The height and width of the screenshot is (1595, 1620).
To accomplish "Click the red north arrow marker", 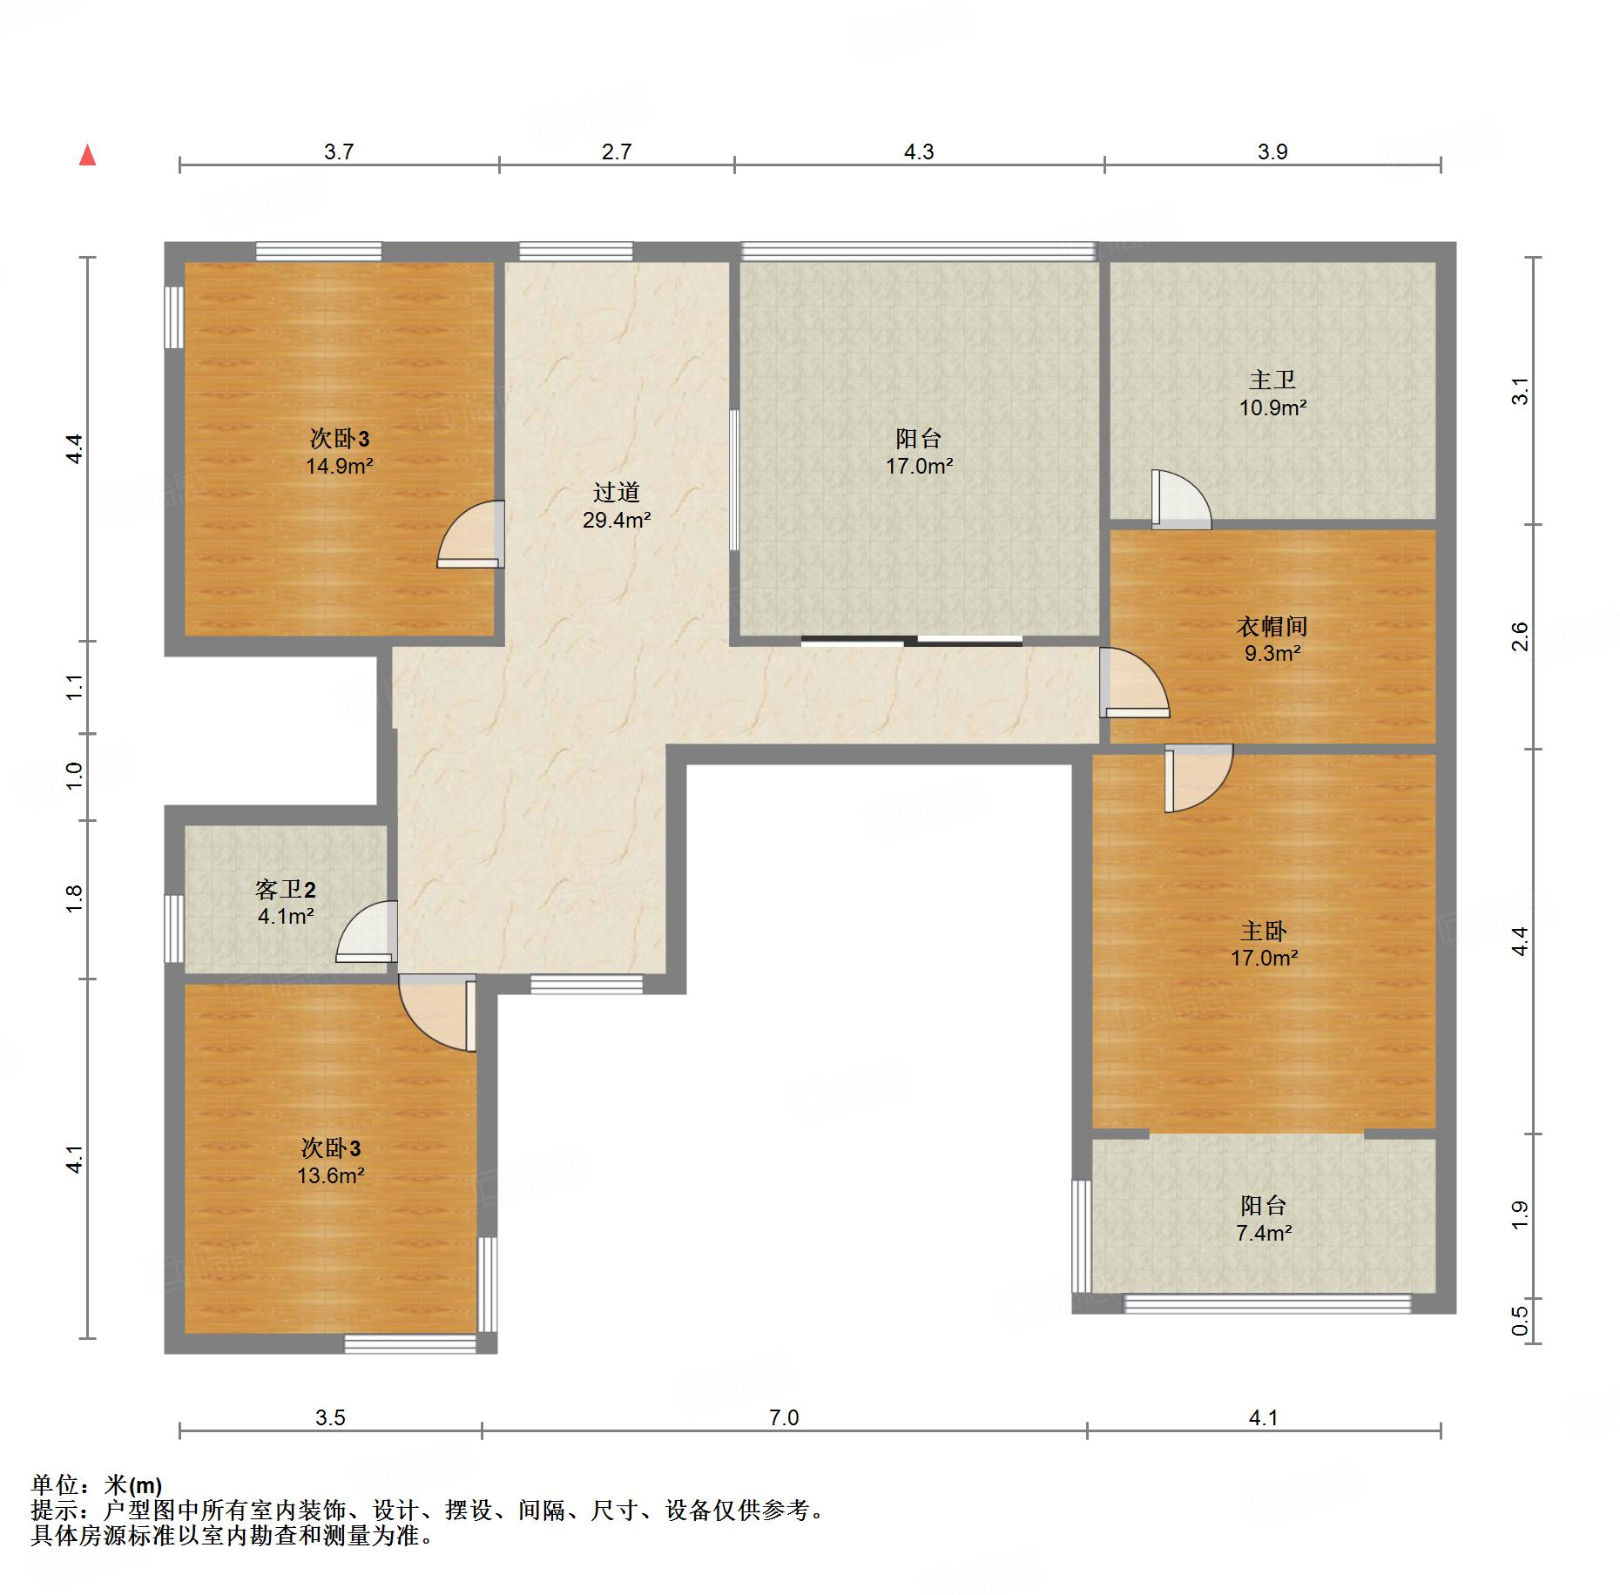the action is point(87,156).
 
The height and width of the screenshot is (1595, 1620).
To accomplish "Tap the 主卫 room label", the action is point(1272,380).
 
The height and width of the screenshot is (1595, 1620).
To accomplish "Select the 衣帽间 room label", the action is point(1272,626).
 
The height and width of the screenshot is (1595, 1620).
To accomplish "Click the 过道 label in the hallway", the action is point(617,493).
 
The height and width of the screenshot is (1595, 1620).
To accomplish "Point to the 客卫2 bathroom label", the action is point(286,889).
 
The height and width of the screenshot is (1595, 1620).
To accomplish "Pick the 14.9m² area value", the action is point(340,466).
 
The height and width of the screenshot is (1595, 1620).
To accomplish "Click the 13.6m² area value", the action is point(331,1175).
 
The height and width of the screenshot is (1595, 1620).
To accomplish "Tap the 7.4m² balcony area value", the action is point(1264,1233).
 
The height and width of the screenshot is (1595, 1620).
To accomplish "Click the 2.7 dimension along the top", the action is point(617,151).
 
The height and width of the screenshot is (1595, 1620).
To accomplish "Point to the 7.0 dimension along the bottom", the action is point(784,1417).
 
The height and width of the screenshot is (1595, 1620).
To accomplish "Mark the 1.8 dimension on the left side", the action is point(75,898).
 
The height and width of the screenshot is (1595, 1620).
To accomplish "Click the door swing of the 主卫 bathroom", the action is point(1181,500).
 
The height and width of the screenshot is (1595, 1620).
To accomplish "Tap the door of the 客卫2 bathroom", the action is point(366,932).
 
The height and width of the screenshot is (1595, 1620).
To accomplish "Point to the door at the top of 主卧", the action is point(1199,778).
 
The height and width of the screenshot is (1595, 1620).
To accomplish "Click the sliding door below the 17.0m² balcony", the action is point(911,642).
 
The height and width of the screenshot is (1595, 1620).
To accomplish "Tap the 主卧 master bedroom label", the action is point(1264,932).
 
